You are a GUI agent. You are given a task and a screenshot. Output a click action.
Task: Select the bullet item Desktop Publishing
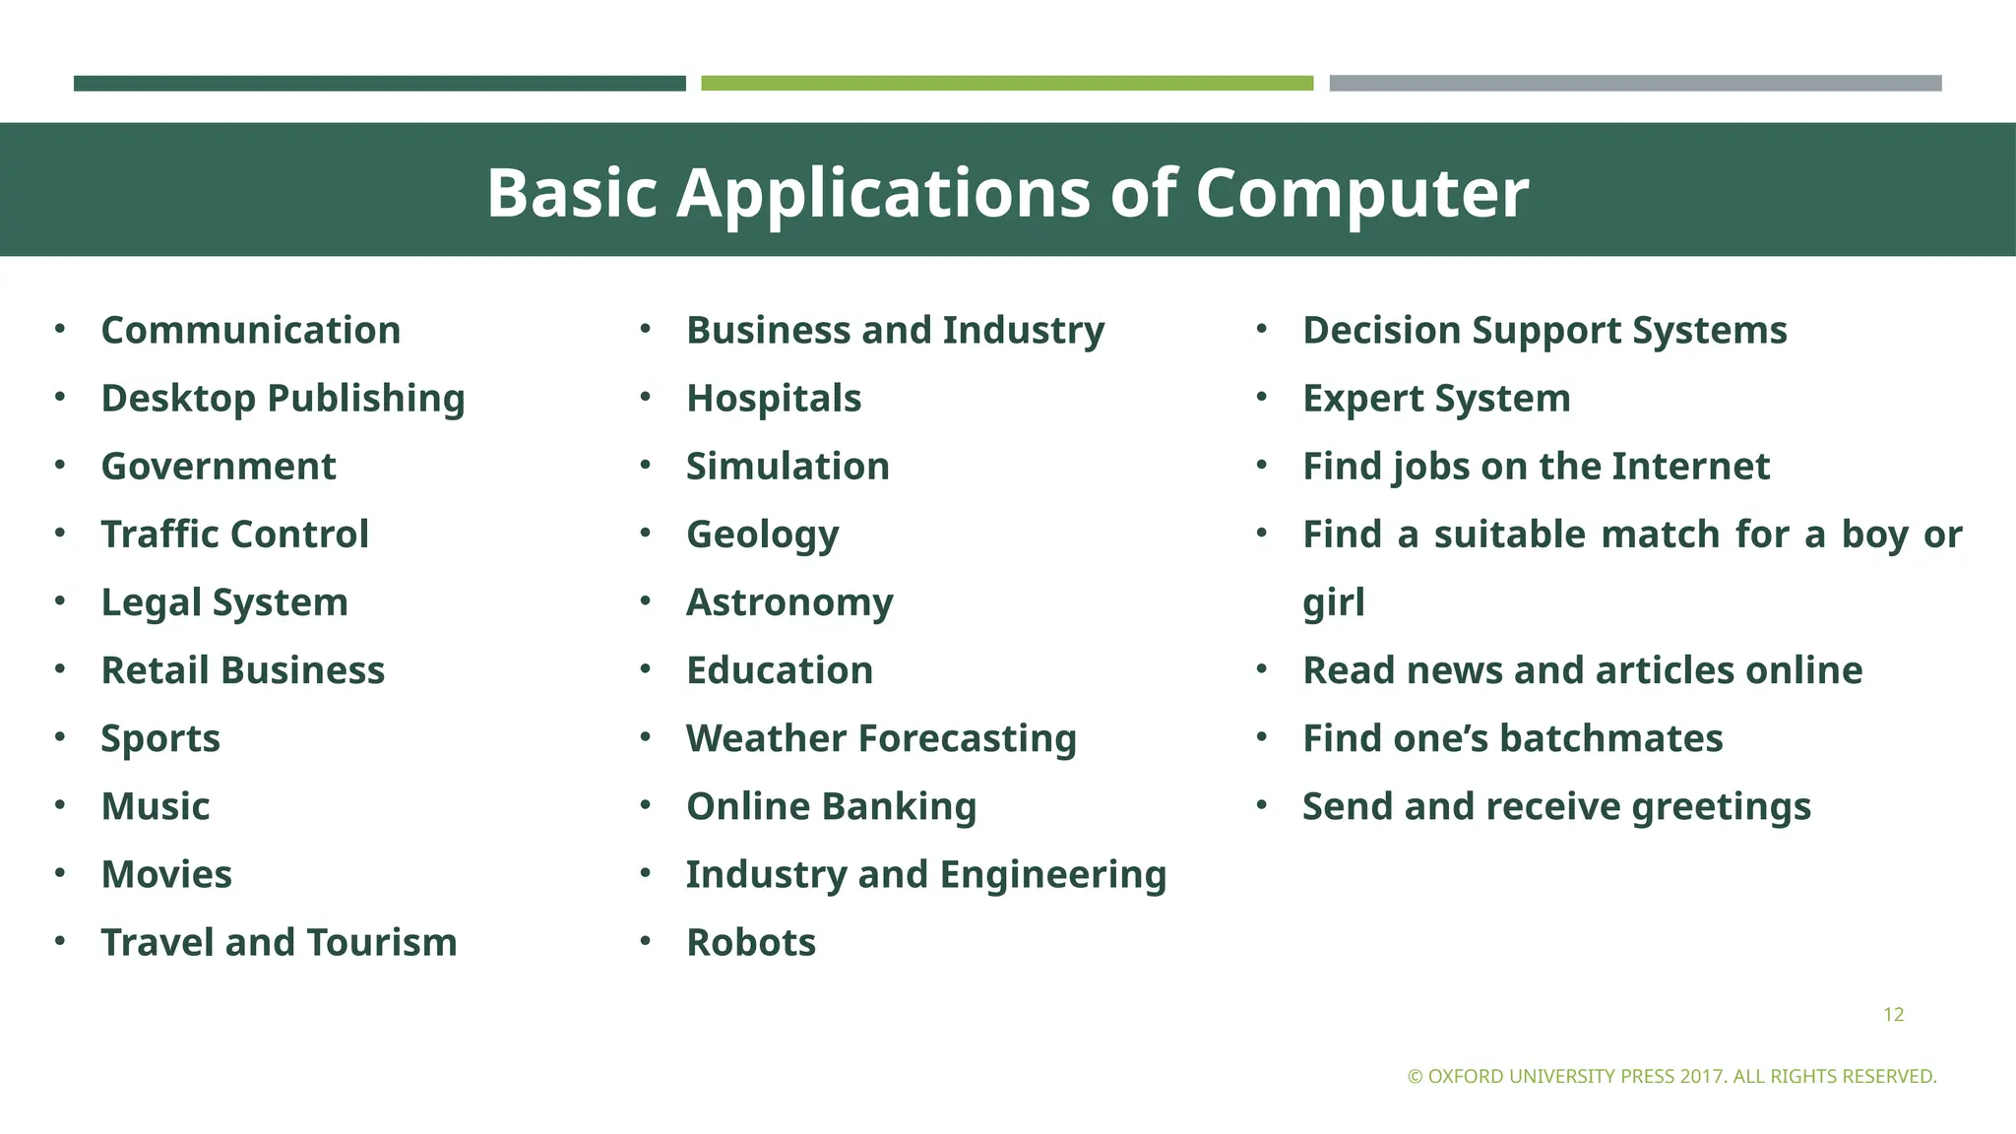pos(283,399)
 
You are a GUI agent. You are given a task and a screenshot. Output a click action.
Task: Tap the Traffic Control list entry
pos(234,535)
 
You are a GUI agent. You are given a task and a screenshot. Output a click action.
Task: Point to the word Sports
pos(160,738)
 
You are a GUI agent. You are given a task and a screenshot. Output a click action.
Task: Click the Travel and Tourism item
pos(279,942)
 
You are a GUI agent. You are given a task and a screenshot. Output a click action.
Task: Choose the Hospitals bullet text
pos(774,399)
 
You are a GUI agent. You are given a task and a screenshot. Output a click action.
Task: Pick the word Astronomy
pos(789,602)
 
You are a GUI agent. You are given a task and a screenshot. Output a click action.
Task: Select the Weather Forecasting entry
pos(881,738)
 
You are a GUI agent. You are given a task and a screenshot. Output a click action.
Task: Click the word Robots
pos(751,942)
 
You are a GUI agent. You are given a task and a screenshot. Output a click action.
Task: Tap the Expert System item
pos(1436,399)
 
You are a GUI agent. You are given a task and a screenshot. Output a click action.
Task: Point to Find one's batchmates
pos(1512,738)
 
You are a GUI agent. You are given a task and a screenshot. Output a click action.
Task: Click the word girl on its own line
pos(1333,602)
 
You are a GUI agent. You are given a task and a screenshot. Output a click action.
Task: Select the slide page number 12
pos(1893,1015)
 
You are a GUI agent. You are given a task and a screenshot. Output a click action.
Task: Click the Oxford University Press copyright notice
pos(1671,1076)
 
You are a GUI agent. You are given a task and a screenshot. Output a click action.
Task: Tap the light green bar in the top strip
pos(1007,84)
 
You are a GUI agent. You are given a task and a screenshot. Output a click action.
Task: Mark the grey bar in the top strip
pos(1635,84)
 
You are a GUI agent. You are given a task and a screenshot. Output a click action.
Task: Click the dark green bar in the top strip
pos(379,84)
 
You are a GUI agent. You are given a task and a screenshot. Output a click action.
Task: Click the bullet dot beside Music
pos(60,805)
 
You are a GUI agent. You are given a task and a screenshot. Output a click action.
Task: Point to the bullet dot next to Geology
pos(646,533)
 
